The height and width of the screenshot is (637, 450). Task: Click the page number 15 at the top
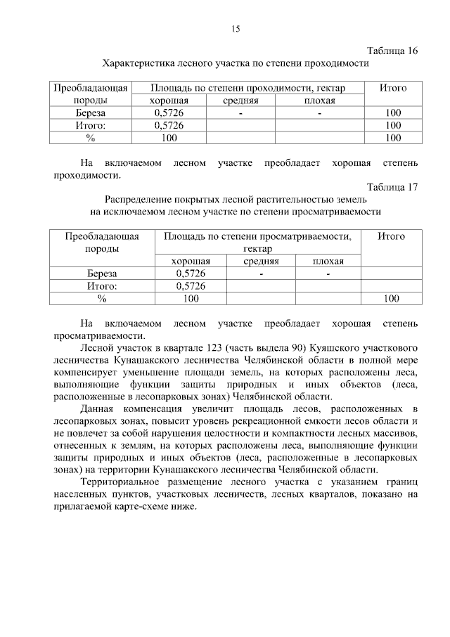click(x=236, y=29)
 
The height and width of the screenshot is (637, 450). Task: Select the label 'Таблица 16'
click(x=393, y=51)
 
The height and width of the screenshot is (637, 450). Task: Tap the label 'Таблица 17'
click(x=393, y=187)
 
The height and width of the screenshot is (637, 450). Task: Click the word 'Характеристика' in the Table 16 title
click(x=138, y=63)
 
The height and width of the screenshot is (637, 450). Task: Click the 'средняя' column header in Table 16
click(x=240, y=101)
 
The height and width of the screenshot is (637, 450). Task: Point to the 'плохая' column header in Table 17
click(x=328, y=261)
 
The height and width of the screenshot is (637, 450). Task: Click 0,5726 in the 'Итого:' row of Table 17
click(x=191, y=286)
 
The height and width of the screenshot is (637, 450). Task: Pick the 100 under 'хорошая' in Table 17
click(x=191, y=299)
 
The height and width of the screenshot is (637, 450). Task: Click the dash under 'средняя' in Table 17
click(x=261, y=274)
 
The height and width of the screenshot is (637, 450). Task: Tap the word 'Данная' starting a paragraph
click(x=101, y=408)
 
